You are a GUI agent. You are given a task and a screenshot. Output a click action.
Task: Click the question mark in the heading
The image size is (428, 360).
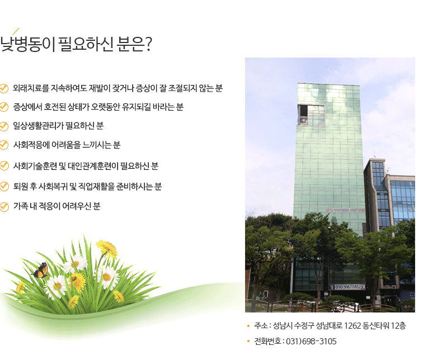148,44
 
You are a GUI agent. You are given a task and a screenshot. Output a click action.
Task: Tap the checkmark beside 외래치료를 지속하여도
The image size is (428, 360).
4,88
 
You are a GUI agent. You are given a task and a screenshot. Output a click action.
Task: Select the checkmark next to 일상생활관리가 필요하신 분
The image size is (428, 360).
4,126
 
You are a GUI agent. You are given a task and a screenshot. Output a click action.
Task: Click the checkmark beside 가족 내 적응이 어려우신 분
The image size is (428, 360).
4,207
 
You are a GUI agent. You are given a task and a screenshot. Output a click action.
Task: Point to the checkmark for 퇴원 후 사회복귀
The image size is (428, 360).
4,187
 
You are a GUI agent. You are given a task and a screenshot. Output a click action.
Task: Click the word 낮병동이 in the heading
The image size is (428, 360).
27,44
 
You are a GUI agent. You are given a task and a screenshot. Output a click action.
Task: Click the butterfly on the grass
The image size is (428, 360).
41,270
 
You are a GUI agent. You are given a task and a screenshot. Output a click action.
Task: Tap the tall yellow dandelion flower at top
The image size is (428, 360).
107,249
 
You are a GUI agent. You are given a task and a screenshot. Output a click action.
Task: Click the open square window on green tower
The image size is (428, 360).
311,115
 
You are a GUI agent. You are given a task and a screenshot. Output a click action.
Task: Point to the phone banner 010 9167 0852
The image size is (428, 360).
347,287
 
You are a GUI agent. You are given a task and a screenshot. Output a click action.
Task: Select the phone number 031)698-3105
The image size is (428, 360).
311,342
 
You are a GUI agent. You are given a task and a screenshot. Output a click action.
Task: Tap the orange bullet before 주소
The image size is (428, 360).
248,326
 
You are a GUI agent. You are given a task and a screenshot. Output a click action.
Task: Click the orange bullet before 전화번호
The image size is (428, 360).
248,341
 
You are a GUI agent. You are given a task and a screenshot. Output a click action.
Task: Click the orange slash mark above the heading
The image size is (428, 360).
16,31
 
